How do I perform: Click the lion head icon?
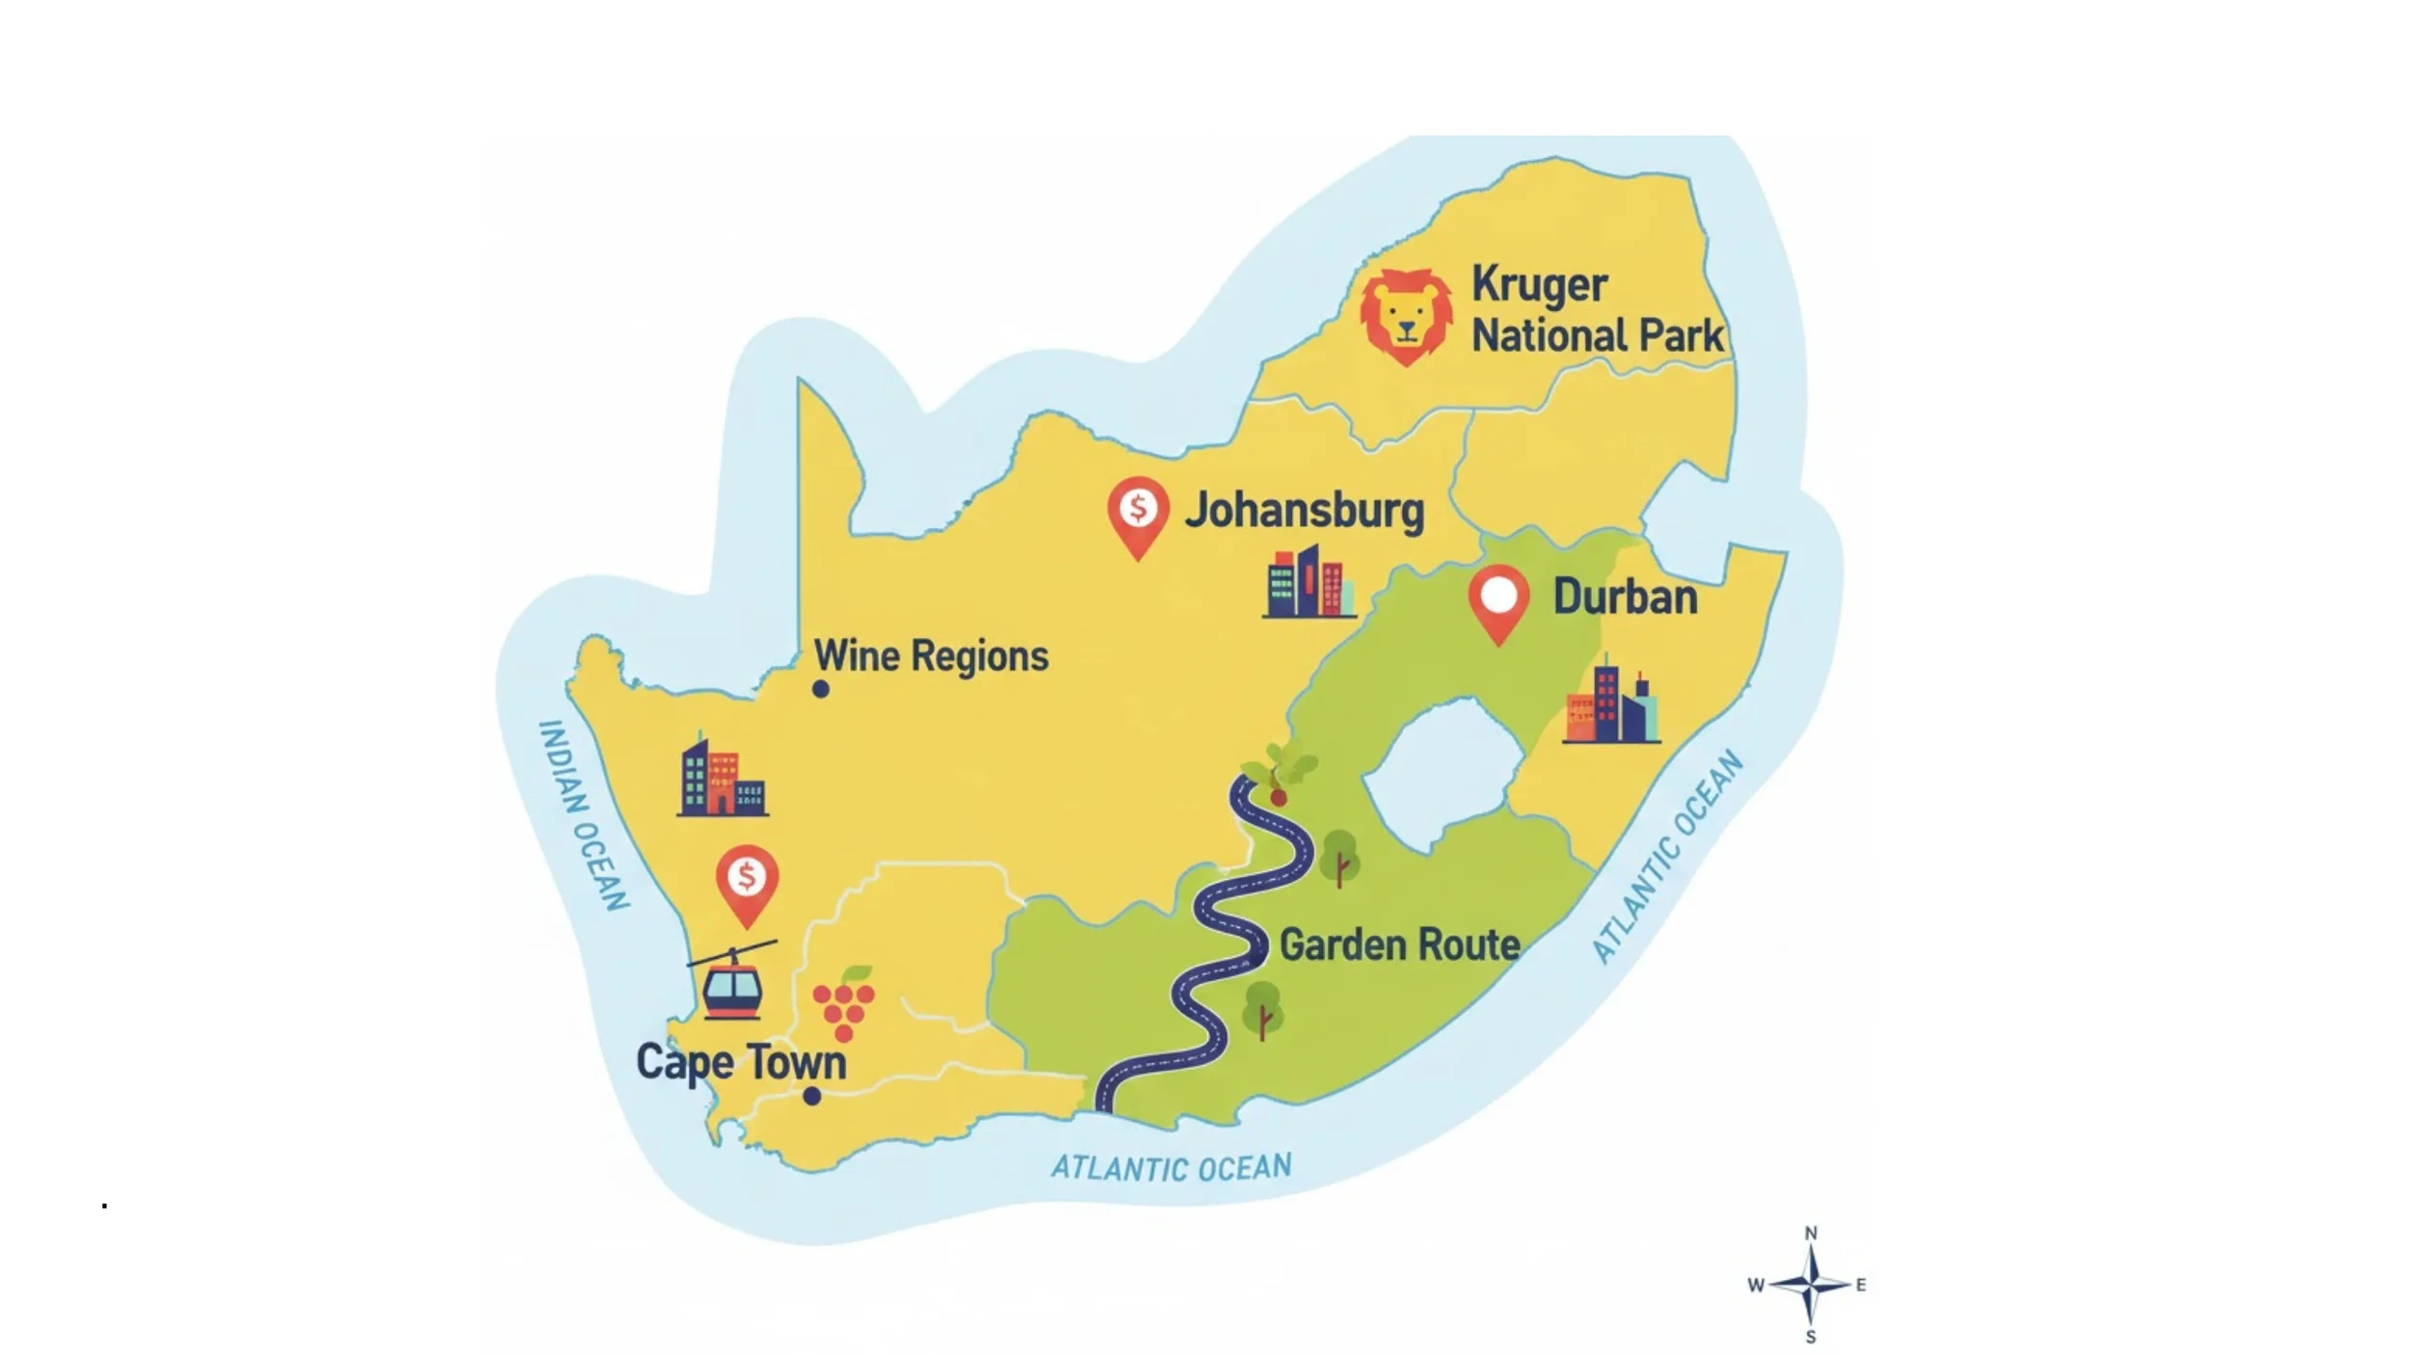coord(1406,316)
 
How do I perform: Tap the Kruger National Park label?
coord(1596,310)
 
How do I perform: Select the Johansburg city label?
coord(1304,510)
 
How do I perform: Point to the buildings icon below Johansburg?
coord(1309,583)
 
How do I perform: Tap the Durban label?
coord(1625,598)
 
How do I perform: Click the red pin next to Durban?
coord(1498,599)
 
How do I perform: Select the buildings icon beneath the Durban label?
coord(1611,701)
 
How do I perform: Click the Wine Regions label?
coord(931,656)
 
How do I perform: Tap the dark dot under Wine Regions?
coord(821,689)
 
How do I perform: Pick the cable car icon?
coord(732,981)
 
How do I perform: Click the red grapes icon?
coord(844,1005)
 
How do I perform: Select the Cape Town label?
coord(741,1062)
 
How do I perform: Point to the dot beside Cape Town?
coord(812,1096)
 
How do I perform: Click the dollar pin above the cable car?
coord(747,881)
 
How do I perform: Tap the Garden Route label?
coord(1399,945)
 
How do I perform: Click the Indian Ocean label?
coord(582,815)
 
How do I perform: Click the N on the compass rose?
coord(1811,1233)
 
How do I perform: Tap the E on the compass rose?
coord(1861,1285)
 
